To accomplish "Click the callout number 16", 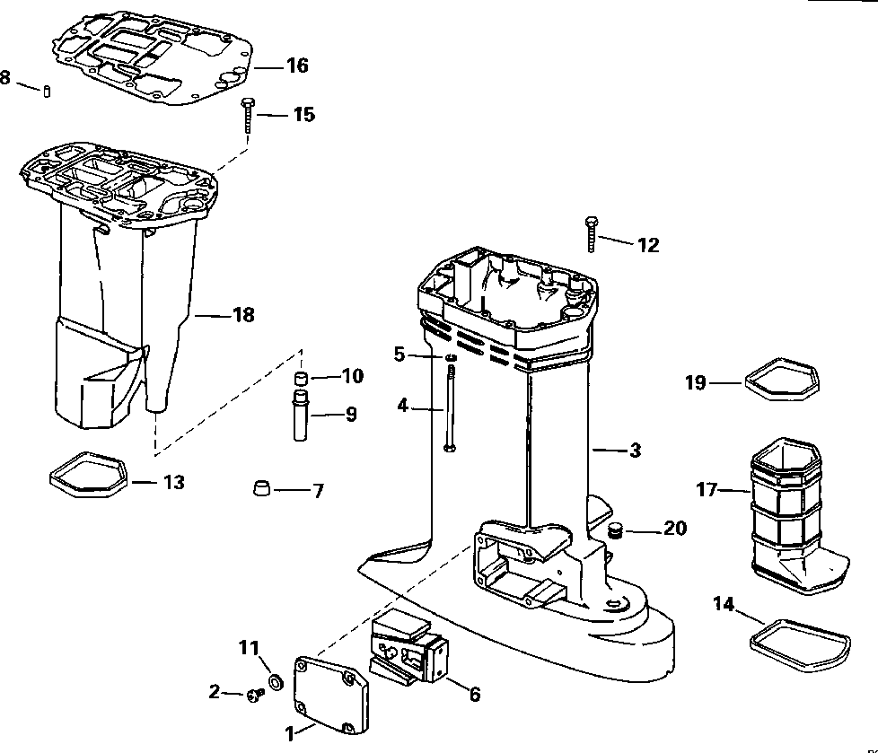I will click(x=296, y=66).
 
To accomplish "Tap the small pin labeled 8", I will click(x=48, y=92).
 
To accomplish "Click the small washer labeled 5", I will click(x=450, y=358).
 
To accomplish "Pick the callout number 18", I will click(x=242, y=315).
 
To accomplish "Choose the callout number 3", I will click(x=635, y=451).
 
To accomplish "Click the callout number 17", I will click(x=708, y=490).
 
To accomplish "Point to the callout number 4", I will click(x=402, y=406).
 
